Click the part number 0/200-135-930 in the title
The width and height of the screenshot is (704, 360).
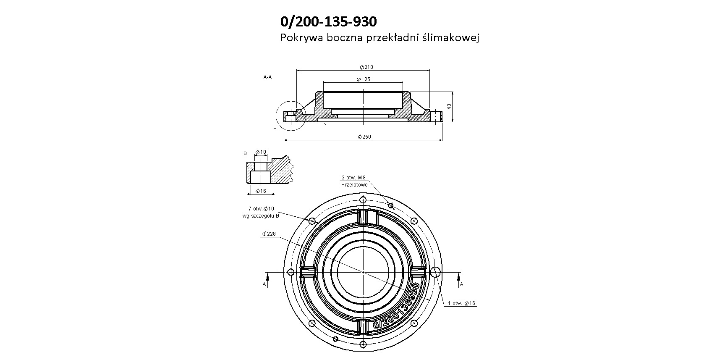[328, 22]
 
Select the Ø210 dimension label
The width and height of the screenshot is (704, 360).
[366, 67]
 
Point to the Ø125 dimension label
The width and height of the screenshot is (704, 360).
[363, 79]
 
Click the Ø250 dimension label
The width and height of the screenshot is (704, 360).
[364, 137]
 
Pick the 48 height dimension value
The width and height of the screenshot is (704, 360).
[450, 107]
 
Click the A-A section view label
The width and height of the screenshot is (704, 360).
[267, 77]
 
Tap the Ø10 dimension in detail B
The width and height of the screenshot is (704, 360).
[261, 152]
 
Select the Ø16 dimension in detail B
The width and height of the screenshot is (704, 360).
[261, 191]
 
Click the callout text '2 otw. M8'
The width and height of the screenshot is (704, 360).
[353, 178]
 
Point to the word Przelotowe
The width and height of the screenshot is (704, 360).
[354, 185]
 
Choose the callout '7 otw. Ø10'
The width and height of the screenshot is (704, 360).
[261, 209]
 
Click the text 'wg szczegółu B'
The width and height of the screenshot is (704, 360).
[261, 216]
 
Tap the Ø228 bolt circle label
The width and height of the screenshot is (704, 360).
[269, 234]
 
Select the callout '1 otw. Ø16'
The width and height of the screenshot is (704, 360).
[461, 303]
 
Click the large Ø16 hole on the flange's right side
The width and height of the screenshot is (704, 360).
[436, 272]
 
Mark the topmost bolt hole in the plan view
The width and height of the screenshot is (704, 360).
[363, 200]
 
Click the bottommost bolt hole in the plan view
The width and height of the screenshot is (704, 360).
[363, 344]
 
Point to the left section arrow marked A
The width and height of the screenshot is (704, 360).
[267, 276]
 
